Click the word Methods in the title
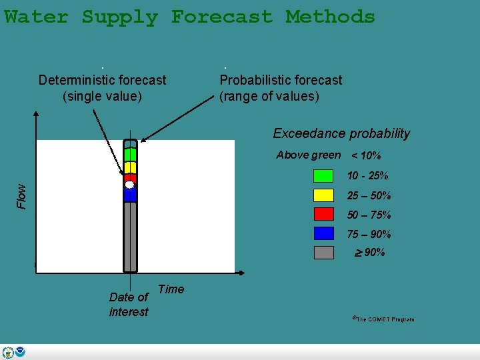point(330,17)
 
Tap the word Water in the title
point(36,17)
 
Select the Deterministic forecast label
point(102,88)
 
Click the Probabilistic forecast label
point(281,88)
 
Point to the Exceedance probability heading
point(341,133)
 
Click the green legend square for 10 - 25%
point(323,176)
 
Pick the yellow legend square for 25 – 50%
point(323,195)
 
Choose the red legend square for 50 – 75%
point(323,214)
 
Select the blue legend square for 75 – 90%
point(323,233)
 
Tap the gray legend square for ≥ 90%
point(323,253)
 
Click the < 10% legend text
point(366,156)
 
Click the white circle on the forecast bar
point(130,185)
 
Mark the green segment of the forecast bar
point(130,154)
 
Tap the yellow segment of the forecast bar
point(130,167)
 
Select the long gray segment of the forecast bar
point(130,236)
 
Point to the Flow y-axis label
point(21,195)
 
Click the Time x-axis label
point(171,289)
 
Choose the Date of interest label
point(129,304)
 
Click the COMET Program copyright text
point(383,319)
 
